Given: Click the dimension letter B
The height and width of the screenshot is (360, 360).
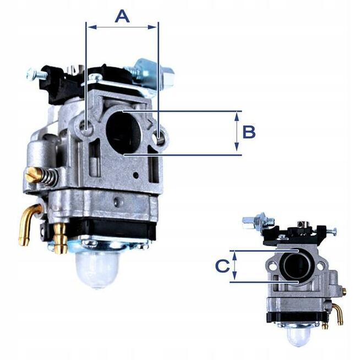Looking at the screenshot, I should (x=249, y=132).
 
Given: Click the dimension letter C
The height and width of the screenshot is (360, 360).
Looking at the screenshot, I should (x=221, y=266).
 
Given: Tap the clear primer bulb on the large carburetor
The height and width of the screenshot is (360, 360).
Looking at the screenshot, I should (x=99, y=268).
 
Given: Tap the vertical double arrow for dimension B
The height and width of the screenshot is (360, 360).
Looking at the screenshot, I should (x=237, y=132).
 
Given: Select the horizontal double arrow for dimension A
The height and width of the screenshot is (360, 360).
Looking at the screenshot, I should (x=122, y=26).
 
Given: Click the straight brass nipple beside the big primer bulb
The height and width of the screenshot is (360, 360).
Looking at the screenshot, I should (x=60, y=237).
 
